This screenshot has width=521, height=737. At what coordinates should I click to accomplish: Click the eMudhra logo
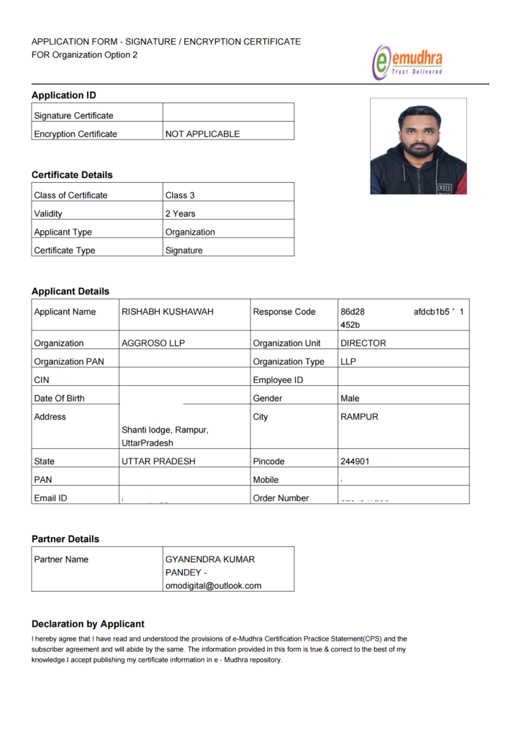407,62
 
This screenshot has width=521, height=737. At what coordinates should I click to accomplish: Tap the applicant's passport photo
418,146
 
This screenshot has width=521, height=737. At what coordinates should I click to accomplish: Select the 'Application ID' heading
64,95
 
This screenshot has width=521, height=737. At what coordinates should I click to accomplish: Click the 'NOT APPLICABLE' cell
202,134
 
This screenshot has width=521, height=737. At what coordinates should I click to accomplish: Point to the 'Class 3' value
180,195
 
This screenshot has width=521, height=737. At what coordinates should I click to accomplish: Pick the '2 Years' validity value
180,214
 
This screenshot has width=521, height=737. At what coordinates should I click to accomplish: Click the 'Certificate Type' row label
65,250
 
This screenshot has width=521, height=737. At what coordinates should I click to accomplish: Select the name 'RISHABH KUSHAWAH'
168,312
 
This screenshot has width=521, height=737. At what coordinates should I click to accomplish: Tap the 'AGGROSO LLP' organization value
153,343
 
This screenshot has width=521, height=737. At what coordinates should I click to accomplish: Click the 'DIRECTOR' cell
363,343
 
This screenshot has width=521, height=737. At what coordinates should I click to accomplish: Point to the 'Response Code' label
284,312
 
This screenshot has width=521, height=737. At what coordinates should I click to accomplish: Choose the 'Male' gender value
350,398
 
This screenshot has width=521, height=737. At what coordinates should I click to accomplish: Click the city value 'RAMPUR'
359,417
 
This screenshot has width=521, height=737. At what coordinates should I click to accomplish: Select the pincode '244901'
355,461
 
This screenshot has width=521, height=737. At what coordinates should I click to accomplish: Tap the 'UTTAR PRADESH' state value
158,461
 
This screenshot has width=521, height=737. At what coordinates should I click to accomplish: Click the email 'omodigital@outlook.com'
214,585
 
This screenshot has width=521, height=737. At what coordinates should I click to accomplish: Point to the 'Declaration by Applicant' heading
88,624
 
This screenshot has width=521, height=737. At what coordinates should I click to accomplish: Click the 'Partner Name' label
61,559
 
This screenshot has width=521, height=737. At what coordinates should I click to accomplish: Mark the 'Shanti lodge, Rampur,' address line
165,430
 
